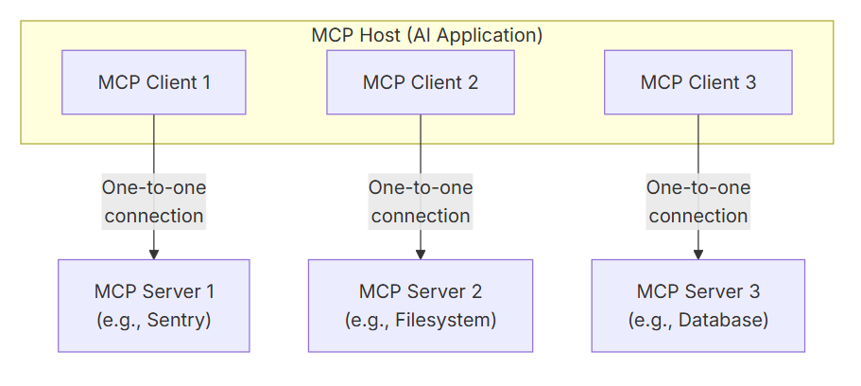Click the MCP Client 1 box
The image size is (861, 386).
click(154, 82)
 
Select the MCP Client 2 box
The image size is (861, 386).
click(421, 82)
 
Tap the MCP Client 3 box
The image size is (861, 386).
click(698, 82)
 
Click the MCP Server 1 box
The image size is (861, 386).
click(154, 306)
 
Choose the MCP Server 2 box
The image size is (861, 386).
click(421, 306)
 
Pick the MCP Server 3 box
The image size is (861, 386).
click(698, 306)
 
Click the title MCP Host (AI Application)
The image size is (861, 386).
click(427, 35)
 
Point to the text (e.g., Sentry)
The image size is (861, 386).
click(154, 321)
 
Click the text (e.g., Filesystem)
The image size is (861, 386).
click(421, 321)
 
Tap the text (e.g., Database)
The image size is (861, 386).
click(698, 321)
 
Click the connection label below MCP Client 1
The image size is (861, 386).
click(154, 202)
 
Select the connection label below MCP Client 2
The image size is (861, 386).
click(421, 202)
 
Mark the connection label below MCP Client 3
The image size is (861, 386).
click(698, 202)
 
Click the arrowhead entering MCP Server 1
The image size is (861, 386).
click(154, 254)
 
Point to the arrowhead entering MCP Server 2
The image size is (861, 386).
click(421, 254)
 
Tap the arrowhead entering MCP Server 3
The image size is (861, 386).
click(698, 254)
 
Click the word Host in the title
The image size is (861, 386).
click(376, 35)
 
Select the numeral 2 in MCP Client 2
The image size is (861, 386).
click(473, 82)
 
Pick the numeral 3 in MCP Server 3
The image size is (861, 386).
click(754, 291)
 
